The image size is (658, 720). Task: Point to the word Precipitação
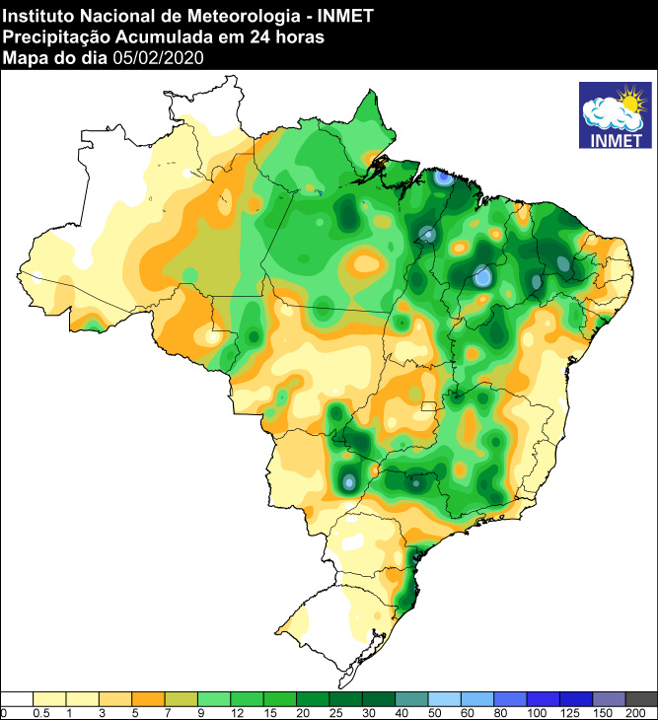click(52, 36)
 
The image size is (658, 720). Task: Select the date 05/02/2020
click(158, 57)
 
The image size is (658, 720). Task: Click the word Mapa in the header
click(25, 57)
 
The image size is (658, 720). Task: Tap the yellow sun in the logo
click(627, 100)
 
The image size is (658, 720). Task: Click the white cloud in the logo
click(604, 114)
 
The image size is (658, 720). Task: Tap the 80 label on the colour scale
click(493, 712)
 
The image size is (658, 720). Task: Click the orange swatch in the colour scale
click(149, 698)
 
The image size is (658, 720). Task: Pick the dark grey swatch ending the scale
click(641, 698)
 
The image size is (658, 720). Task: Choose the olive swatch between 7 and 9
click(182, 698)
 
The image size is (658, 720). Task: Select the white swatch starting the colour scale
click(18, 698)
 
